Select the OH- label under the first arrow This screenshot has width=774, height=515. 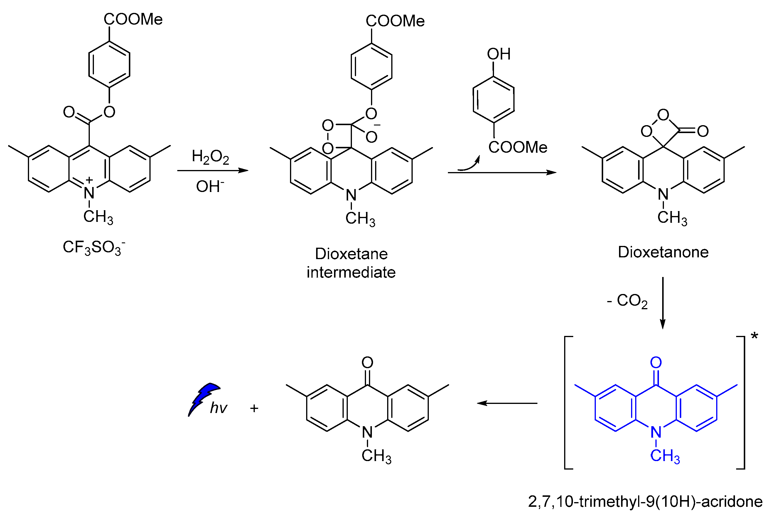click(x=210, y=186)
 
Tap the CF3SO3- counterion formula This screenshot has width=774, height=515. click(x=94, y=247)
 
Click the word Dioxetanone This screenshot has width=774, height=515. click(x=663, y=252)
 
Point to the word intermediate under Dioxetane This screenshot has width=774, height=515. click(x=351, y=272)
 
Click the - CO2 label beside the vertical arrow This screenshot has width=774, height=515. click(x=627, y=300)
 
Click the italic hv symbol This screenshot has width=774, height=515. click(x=218, y=408)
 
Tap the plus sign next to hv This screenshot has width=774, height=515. click(x=254, y=408)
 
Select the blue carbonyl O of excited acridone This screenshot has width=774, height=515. click(x=656, y=363)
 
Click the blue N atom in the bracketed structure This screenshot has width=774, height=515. click(x=656, y=432)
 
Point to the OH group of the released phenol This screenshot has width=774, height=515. click(x=498, y=54)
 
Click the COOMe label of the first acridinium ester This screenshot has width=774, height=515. click(x=133, y=19)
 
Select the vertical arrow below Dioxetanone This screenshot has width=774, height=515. click(x=662, y=302)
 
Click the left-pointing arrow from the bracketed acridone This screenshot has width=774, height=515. click(x=506, y=403)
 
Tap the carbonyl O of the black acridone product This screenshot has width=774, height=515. click(x=367, y=363)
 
